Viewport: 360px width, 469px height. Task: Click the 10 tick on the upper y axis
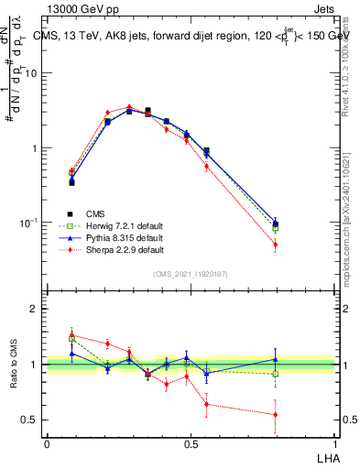(32, 73)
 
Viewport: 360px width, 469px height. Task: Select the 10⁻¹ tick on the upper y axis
(30, 223)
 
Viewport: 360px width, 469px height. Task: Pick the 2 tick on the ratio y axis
(35, 310)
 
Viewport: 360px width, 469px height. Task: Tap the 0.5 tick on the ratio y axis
(31, 420)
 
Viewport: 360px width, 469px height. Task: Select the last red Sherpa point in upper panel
(276, 245)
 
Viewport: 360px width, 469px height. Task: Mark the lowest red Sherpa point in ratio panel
(276, 414)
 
